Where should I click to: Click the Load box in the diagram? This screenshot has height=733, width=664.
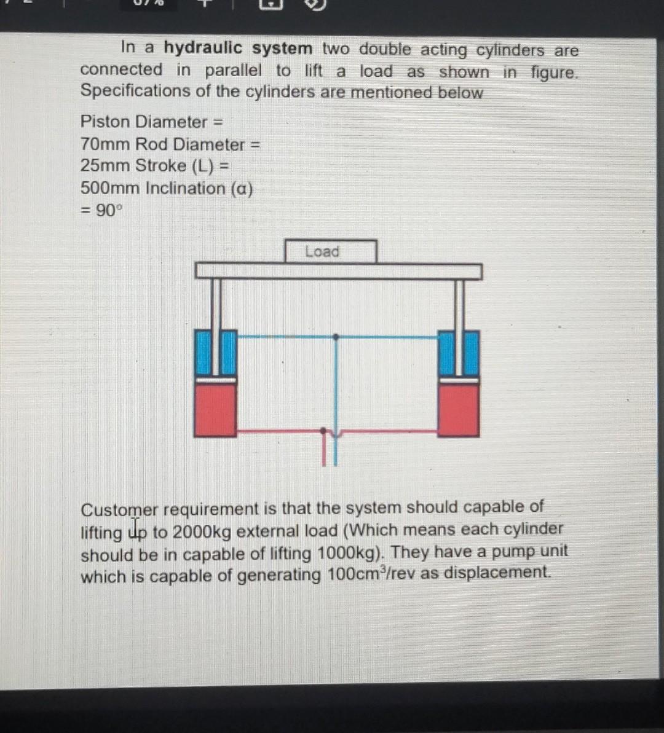330,251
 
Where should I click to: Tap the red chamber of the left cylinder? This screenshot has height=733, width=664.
215,410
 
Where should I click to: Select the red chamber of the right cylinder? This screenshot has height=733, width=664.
459,410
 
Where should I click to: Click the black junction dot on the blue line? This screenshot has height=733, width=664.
335,337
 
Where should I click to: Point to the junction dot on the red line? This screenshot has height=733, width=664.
324,430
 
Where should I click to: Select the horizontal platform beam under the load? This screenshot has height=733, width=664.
338,271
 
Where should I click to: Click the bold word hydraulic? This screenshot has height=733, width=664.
204,48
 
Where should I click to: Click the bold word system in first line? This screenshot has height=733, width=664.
282,49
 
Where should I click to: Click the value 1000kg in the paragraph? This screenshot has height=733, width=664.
346,553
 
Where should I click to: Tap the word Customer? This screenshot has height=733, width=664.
119,510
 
